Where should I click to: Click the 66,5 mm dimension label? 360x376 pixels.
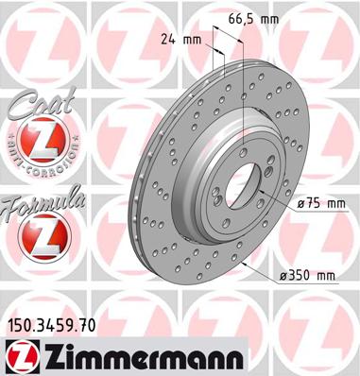point(253,20)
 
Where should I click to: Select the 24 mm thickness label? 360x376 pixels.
point(181,40)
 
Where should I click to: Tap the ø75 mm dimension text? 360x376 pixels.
point(321,204)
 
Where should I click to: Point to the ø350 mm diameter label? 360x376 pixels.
point(307,276)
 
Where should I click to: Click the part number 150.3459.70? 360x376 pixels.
point(51,325)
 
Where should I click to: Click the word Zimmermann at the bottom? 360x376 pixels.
point(143,356)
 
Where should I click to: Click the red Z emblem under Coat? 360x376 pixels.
point(43,140)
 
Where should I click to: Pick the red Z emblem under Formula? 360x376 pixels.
point(44,236)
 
